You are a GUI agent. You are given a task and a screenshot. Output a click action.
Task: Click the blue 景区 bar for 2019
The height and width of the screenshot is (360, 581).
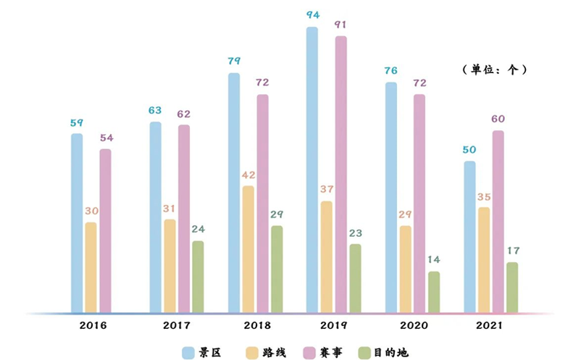pos(312,170)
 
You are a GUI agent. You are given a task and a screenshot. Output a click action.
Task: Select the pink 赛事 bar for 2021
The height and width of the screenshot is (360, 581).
pos(498,222)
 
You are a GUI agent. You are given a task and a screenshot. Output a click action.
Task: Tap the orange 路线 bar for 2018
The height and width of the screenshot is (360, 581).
pos(248,249)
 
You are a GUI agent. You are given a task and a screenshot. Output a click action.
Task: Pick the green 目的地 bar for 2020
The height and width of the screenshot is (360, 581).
pos(433,292)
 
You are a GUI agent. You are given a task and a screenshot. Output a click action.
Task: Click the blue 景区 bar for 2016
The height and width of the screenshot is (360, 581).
pos(77,223)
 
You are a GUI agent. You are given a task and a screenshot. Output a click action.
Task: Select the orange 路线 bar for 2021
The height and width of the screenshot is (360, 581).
pos(484,260)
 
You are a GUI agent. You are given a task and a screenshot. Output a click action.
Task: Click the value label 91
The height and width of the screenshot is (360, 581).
pos(340,25)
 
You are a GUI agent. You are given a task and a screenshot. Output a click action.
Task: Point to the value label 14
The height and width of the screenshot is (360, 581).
pos(433,259)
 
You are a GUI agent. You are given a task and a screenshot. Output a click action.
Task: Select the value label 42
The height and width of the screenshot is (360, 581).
pos(248,175)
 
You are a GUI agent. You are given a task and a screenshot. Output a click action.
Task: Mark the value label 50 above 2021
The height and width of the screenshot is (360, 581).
pos(469,150)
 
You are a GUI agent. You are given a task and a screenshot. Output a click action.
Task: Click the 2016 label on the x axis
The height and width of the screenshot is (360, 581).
pos(91,325)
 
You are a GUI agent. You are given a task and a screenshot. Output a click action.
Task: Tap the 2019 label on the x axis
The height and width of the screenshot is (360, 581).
pos(326,325)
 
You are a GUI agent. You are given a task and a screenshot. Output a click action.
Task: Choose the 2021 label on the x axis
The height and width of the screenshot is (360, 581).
pos(484,325)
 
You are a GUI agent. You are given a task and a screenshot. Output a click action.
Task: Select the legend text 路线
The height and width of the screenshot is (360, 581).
pos(275,352)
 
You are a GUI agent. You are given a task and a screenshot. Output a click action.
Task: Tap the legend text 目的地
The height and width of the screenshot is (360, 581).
pos(391,352)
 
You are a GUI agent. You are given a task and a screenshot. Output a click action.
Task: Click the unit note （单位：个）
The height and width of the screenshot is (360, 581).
pos(493,70)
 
